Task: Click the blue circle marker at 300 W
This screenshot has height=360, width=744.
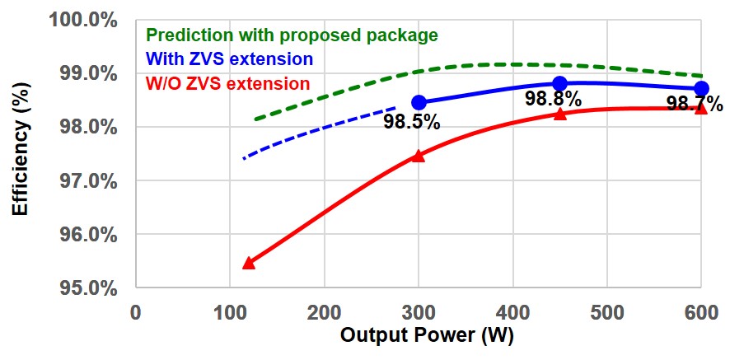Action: [419, 102]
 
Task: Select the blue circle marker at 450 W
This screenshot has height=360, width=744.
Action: [559, 83]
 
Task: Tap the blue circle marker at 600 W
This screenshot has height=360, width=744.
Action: [701, 88]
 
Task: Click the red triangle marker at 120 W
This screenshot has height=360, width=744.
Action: [248, 263]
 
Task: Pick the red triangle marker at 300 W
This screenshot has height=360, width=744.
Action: [419, 156]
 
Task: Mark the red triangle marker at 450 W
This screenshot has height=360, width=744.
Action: [559, 114]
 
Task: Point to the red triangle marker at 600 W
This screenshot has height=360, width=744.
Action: [701, 108]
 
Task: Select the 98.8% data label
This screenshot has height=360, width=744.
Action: [553, 101]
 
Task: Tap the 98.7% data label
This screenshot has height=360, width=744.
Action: [695, 105]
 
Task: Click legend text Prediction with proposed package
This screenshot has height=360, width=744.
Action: [292, 35]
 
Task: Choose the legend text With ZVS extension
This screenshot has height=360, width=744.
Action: [229, 59]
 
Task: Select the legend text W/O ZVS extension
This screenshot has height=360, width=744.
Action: [227, 83]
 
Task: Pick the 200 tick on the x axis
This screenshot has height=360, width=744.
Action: [325, 314]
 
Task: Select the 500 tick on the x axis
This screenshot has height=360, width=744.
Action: [606, 314]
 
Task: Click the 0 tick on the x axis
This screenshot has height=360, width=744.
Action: [137, 314]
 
